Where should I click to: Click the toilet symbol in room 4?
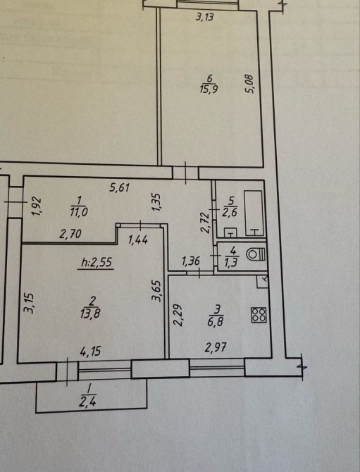click(256, 254)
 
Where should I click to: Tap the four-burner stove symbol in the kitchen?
click(259, 315)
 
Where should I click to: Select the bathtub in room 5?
click(253, 213)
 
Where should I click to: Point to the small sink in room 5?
click(230, 232)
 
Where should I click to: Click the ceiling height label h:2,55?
click(97, 263)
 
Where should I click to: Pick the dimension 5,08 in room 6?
click(250, 84)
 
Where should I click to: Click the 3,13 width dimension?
click(205, 17)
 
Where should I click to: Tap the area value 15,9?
click(209, 89)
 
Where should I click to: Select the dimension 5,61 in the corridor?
click(120, 188)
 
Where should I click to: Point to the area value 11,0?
click(79, 212)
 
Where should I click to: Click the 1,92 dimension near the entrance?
click(37, 206)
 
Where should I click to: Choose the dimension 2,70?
click(70, 234)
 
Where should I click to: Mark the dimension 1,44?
click(138, 240)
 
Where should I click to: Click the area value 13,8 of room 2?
click(90, 313)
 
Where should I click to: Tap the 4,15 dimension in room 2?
click(90, 351)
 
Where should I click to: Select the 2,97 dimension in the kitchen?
click(216, 348)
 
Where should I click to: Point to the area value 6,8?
click(215, 322)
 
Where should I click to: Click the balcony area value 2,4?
click(87, 402)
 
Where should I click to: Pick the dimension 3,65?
click(157, 290)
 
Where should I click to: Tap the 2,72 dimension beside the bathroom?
click(205, 223)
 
